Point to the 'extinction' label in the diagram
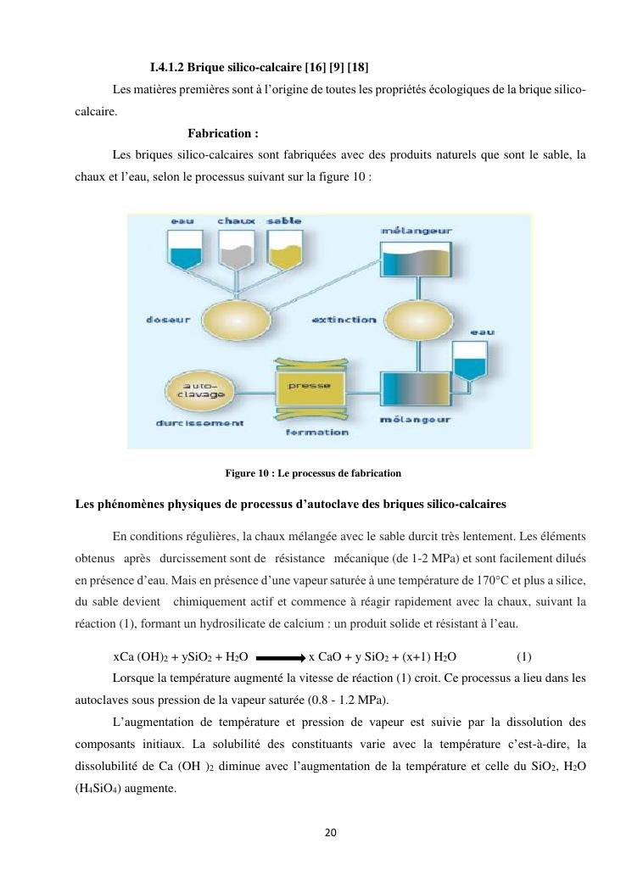(x=344, y=320)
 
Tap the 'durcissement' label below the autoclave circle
(x=199, y=422)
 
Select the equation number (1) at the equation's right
(x=523, y=656)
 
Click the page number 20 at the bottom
(x=330, y=832)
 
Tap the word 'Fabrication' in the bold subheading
(x=219, y=133)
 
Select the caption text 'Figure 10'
(x=249, y=472)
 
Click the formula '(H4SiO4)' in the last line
(x=102, y=788)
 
